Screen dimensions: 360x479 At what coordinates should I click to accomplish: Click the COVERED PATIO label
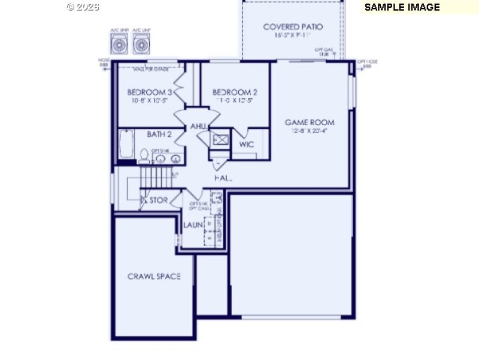[293, 27]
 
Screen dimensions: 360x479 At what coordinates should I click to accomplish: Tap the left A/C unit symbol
[119, 44]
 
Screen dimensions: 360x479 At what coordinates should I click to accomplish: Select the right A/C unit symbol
[141, 44]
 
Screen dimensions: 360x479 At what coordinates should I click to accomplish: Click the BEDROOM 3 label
[150, 92]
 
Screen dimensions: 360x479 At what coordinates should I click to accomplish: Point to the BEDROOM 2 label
[235, 92]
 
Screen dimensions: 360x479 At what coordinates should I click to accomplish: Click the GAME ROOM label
[310, 122]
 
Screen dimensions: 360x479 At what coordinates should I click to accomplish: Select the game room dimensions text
[310, 131]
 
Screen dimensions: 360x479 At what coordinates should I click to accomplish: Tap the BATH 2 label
[159, 134]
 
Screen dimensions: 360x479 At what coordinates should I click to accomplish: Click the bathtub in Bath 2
[126, 146]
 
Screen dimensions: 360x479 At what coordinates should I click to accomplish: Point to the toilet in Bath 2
[144, 157]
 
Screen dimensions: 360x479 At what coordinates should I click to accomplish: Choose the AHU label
[198, 126]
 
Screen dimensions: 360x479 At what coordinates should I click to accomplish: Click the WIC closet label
[247, 144]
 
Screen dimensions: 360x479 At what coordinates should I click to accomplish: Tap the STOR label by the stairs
[158, 200]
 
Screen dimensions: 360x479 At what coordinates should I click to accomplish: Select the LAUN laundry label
[193, 226]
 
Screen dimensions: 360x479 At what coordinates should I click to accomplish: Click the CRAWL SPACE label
[154, 276]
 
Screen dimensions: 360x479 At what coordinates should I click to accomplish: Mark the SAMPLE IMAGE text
[402, 7]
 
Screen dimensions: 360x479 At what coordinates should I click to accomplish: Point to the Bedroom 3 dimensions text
[150, 101]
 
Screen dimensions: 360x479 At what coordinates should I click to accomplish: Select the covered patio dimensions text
[293, 36]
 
